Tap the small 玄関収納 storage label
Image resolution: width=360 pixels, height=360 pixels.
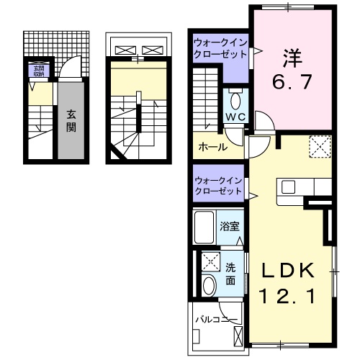37,70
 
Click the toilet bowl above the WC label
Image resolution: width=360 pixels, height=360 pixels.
235,99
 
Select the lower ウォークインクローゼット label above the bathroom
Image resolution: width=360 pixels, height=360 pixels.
219,185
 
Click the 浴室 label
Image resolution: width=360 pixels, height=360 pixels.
230,225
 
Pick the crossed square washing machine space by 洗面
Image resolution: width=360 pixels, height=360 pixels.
210,261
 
